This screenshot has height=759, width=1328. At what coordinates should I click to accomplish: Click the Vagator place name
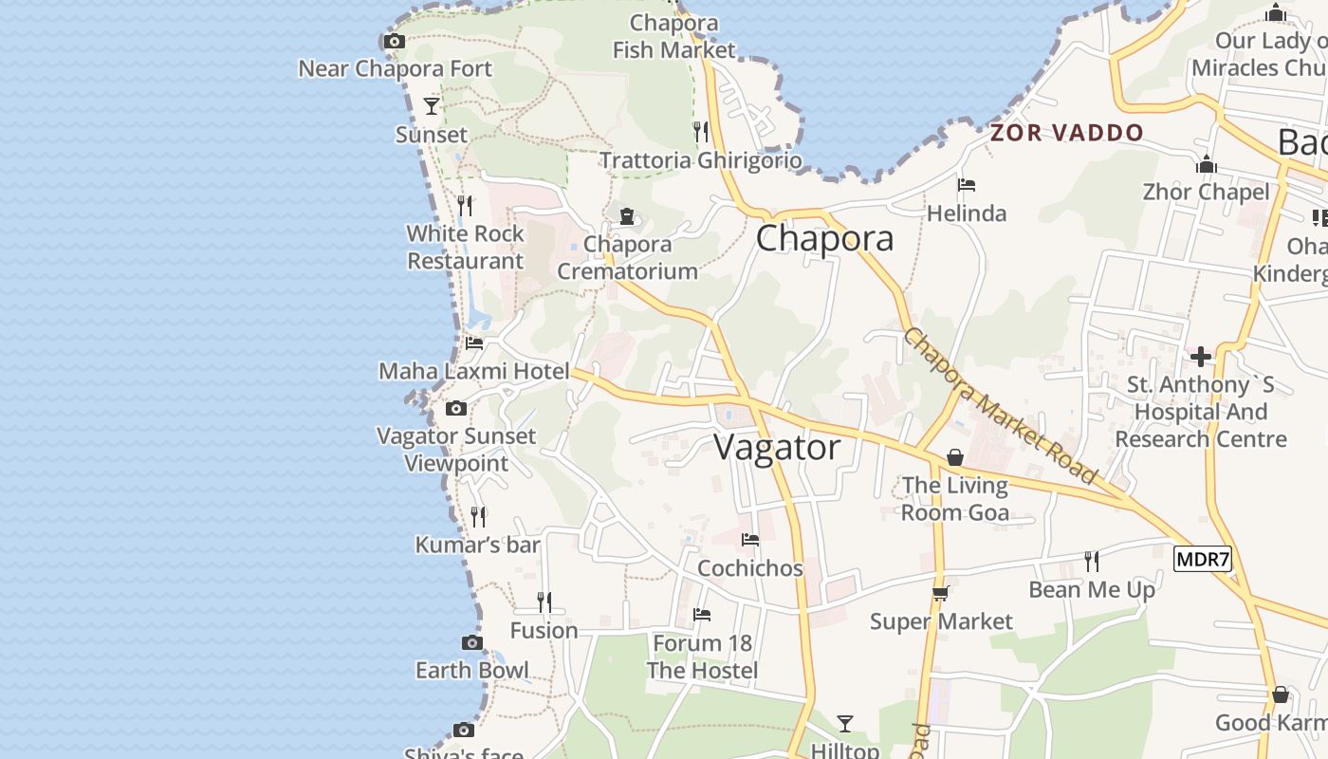pos(777,447)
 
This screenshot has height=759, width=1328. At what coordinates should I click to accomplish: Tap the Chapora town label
pos(824,238)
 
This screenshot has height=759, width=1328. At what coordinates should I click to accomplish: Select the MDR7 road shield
pos(1202,559)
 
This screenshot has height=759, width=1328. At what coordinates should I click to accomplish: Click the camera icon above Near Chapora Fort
pos(395,41)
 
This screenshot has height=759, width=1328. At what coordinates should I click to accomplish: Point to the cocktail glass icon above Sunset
pos(432,105)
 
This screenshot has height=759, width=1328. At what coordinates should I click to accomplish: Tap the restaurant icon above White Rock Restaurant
pos(465,204)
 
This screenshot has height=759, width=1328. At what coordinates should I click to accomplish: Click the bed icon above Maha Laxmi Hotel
pos(474,342)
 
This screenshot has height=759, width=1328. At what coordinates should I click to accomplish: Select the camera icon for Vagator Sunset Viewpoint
pos(456,408)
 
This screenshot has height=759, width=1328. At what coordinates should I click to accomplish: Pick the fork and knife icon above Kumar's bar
pos(478,516)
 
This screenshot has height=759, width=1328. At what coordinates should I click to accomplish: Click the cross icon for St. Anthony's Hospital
pos(1201,357)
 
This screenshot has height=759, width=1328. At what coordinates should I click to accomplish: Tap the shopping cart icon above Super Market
pos(941,593)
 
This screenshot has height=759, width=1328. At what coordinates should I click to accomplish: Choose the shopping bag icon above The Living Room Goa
pos(954,457)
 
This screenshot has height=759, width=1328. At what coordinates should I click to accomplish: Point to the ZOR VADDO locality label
pos(1067,133)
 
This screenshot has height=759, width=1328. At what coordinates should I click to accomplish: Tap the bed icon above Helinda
pos(967,185)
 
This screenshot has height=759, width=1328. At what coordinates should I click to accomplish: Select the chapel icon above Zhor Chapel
pos(1207,164)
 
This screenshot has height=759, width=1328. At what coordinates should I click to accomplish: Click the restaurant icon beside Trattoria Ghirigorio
pos(701,131)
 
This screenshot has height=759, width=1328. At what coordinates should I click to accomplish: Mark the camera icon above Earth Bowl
pos(472,642)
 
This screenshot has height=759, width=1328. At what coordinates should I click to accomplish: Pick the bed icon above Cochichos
pos(750,540)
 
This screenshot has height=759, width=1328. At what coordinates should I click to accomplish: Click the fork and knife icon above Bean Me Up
pos(1092,561)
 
